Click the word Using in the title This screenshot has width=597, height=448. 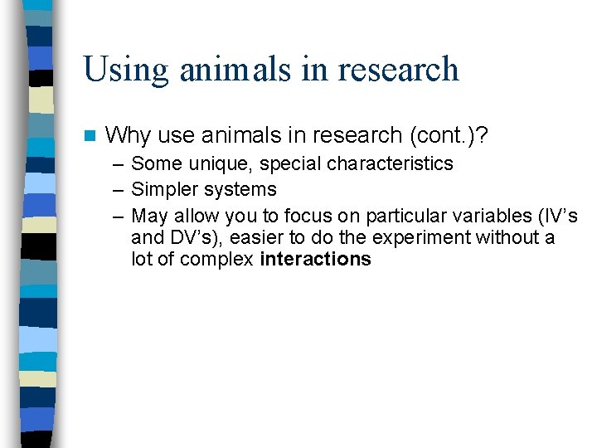pos(124,69)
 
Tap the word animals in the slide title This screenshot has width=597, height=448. pos(235,69)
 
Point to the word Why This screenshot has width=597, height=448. pos(129,134)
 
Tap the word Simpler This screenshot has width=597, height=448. pos(164,190)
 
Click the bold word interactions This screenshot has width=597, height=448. pos(315,260)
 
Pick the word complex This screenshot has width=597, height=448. pos(221,260)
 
